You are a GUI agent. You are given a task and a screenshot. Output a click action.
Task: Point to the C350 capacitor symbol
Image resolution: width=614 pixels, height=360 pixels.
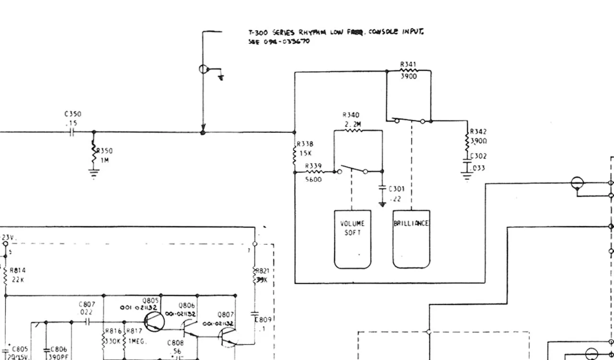pyautogui.click(x=72, y=132)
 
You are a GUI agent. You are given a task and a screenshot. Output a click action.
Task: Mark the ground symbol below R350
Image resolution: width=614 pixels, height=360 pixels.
pyautogui.click(x=94, y=173)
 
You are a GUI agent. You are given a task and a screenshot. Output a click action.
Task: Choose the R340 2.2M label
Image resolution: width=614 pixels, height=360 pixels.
pyautogui.click(x=351, y=120)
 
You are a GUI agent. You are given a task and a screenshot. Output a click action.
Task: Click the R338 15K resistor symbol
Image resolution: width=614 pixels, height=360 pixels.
pyautogui.click(x=295, y=154)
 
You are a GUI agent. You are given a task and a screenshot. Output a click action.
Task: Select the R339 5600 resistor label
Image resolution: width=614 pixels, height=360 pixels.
pyautogui.click(x=314, y=173)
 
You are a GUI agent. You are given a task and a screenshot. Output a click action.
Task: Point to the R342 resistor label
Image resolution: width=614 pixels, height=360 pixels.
pyautogui.click(x=478, y=131)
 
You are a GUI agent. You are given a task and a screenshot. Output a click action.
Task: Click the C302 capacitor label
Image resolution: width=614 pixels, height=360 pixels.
pyautogui.click(x=478, y=156)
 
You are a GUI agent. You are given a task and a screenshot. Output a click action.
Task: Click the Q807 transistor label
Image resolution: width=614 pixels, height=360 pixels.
pyautogui.click(x=225, y=314)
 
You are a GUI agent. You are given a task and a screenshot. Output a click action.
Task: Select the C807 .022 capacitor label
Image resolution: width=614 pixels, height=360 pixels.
pyautogui.click(x=87, y=308)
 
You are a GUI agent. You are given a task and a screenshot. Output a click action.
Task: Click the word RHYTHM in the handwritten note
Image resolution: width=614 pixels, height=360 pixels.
pyautogui.click(x=313, y=33)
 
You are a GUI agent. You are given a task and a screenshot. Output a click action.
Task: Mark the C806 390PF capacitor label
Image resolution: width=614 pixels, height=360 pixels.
pyautogui.click(x=59, y=353)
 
